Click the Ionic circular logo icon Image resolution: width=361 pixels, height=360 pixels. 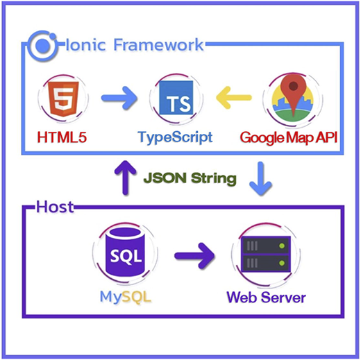[42, 46]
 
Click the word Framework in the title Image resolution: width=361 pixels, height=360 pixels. [158, 44]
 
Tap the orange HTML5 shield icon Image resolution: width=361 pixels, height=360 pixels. [63, 98]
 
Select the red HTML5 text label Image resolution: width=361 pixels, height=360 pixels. [62, 137]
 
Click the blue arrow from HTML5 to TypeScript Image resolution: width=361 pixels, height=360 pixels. [119, 98]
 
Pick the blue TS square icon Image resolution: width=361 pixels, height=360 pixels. [176, 98]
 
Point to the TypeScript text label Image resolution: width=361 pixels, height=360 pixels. [175, 137]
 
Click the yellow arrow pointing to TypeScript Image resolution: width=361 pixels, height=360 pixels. [234, 98]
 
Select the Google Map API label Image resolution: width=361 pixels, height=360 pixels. [289, 138]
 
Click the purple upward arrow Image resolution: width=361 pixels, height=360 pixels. [125, 178]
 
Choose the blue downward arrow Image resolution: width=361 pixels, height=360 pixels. [260, 179]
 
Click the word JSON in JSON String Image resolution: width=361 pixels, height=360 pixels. [165, 178]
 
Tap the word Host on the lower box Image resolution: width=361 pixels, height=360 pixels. [55, 207]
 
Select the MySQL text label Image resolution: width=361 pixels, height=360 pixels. [125, 296]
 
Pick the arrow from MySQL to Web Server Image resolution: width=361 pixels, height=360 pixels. [194, 256]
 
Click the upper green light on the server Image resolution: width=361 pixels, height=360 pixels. [282, 246]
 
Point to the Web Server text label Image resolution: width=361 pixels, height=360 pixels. [266, 297]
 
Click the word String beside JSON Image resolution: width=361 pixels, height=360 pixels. [214, 179]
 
